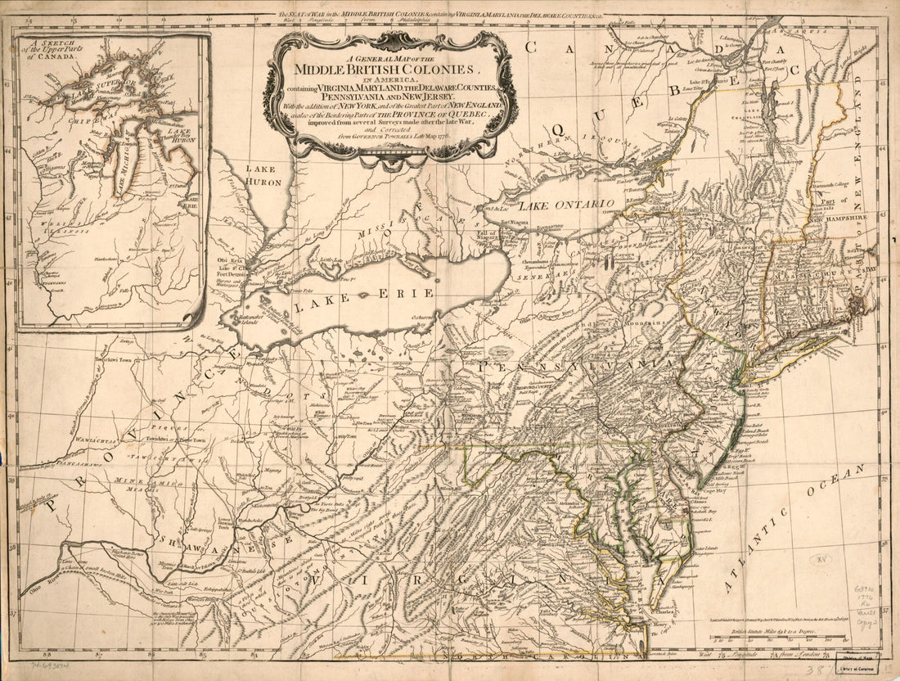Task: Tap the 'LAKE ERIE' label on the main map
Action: coord(366,297)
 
